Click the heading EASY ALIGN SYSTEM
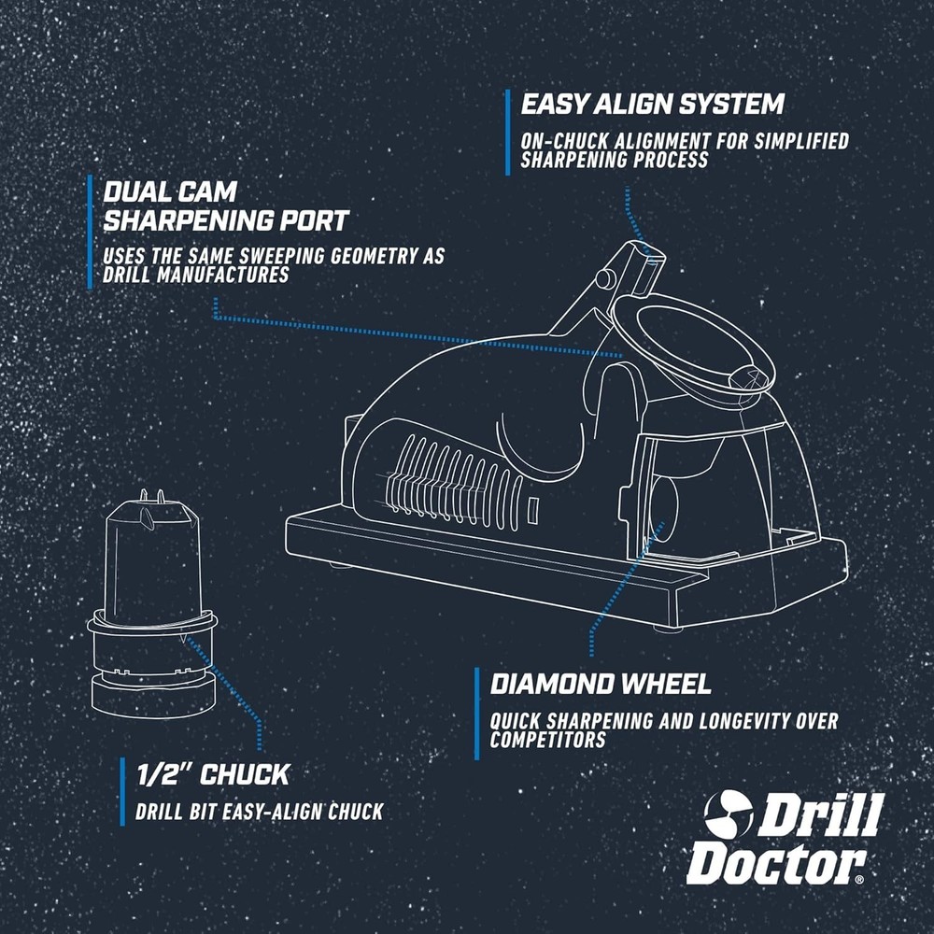[x=652, y=105]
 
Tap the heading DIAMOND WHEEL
[x=601, y=684]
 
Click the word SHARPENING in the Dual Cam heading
[x=226, y=221]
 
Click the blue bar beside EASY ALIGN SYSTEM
[x=508, y=132]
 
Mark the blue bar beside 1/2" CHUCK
[x=122, y=791]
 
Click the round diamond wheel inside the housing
[x=672, y=504]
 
